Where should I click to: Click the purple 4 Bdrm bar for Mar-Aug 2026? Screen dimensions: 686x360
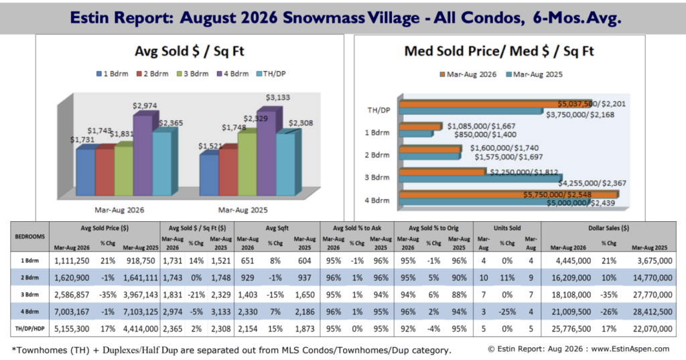[143, 155]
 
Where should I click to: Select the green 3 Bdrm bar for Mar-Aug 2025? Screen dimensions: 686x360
[247, 164]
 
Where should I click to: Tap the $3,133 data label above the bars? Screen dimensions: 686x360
[278, 97]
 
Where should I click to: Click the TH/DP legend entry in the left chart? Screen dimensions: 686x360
[271, 74]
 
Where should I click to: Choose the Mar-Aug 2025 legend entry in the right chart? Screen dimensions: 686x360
[534, 74]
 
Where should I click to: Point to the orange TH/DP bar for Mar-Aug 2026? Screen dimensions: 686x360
[496, 104]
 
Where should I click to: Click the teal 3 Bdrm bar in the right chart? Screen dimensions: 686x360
[481, 179]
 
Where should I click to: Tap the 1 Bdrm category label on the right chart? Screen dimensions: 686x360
[377, 133]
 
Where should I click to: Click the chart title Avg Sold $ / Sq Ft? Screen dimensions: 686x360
[190, 51]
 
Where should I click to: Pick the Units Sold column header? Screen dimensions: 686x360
[507, 228]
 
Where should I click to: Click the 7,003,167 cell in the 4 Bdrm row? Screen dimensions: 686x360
[72, 312]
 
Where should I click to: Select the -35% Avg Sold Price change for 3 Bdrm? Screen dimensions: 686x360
[108, 295]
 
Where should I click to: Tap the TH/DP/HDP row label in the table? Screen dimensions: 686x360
[29, 328]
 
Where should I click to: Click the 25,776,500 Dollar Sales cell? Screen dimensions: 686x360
[571, 328]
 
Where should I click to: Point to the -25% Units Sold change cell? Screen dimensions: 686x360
[507, 312]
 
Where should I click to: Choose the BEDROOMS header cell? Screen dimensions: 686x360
[29, 237]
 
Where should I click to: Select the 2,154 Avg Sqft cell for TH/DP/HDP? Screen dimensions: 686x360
[248, 328]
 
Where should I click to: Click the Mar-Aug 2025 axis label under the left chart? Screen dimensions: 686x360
[243, 211]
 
